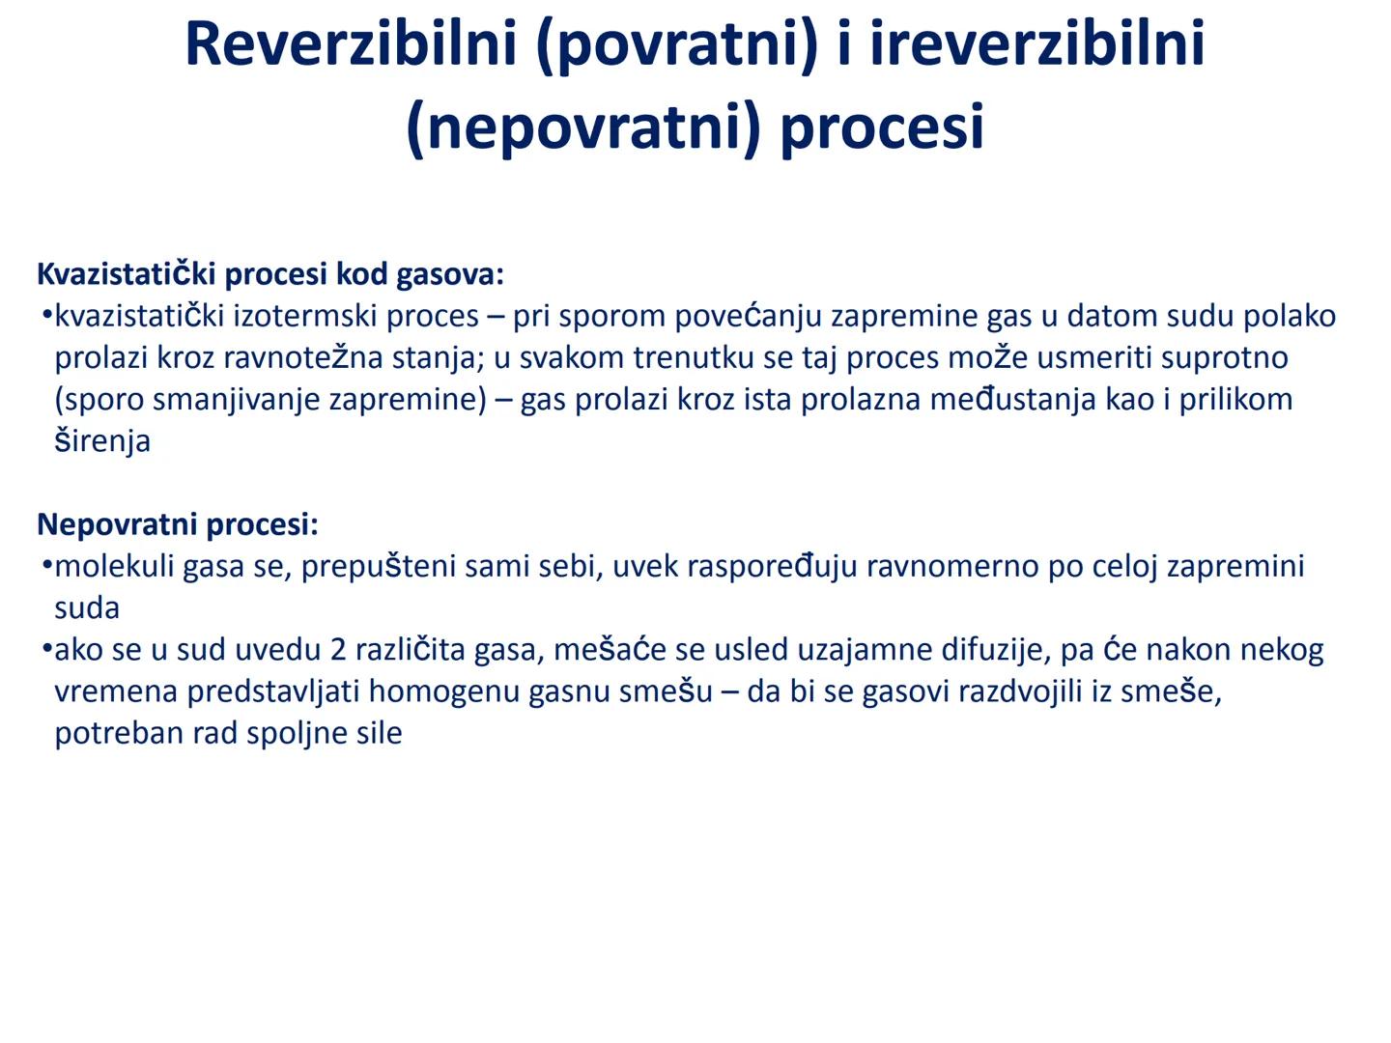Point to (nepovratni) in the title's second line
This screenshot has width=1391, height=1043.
coord(584,127)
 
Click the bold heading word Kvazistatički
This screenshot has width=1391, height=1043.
coord(126,274)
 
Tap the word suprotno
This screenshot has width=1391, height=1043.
coord(1224,357)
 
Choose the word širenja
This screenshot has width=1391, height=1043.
coord(102,441)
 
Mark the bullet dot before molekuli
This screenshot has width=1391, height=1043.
coord(45,564)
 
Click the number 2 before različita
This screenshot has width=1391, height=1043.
coord(338,650)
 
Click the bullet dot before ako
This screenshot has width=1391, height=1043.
coord(45,648)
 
